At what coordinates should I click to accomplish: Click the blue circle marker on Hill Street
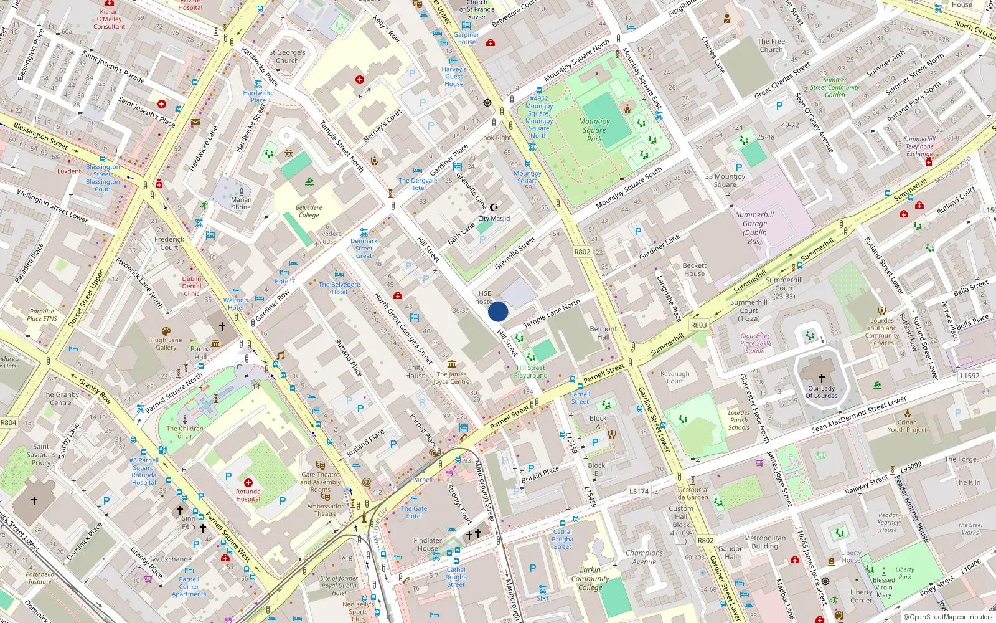[498, 311]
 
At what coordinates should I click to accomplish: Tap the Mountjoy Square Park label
[594, 130]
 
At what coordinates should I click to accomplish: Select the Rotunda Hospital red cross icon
[248, 483]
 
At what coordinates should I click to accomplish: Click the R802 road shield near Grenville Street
[582, 252]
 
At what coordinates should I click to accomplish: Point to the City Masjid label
[494, 219]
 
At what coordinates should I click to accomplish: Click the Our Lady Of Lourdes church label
[822, 392]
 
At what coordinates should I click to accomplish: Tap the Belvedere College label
[309, 211]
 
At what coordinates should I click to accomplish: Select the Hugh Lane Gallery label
[166, 344]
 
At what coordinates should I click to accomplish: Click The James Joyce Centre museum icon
[452, 364]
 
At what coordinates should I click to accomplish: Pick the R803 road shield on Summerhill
[698, 325]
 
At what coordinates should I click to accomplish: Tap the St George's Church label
[287, 57]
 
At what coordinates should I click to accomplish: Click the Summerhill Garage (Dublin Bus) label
[754, 228]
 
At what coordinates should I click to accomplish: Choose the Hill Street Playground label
[531, 371]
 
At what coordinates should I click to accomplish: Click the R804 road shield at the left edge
[8, 422]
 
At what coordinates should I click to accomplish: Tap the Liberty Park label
[904, 573]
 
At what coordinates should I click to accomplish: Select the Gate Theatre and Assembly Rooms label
[321, 482]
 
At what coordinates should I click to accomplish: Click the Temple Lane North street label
[552, 313]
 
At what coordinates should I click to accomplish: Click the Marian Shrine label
[242, 203]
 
